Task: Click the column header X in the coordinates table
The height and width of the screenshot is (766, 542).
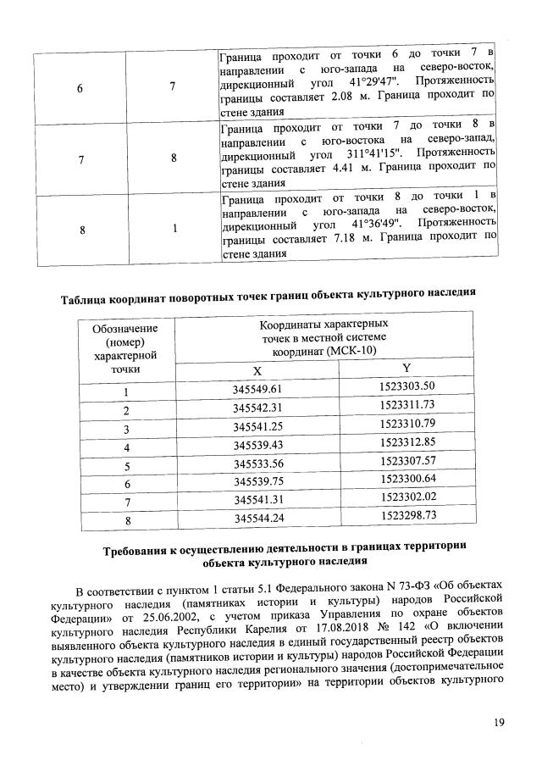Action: (x=259, y=370)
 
